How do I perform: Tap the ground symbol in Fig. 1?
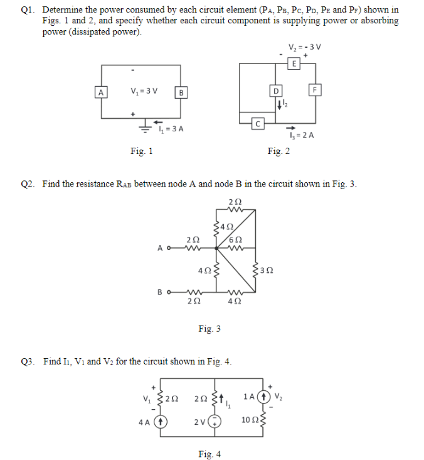pos(144,127)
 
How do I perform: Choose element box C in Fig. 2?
pos(257,122)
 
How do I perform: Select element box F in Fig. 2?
pos(315,90)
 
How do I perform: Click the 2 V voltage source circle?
pos(215,422)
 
